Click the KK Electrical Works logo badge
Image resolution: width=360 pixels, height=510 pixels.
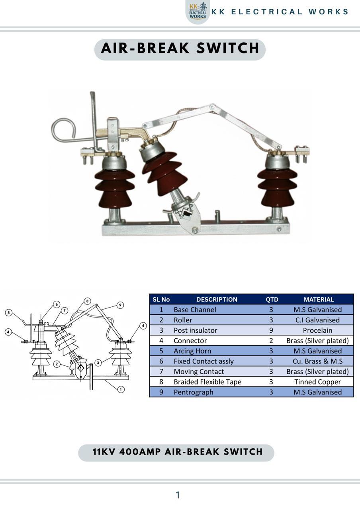tap(198, 12)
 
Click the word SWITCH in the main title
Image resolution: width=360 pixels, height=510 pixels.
tap(228, 48)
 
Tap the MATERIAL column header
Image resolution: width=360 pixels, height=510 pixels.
tap(319, 299)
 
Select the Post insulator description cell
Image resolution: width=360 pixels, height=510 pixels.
tap(195, 330)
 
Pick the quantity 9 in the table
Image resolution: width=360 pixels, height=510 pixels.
tap(271, 330)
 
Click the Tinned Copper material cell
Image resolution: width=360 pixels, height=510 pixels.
tap(317, 382)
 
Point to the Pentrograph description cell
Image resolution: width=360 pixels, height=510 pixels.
tap(194, 392)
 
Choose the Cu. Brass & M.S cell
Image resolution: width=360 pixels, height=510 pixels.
tap(317, 361)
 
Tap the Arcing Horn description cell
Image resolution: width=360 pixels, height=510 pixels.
tap(192, 351)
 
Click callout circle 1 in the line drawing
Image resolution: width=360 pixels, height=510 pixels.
tap(121, 389)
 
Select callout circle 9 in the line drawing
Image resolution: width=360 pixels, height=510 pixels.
tap(120, 305)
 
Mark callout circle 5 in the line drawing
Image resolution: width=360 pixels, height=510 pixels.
tap(8, 312)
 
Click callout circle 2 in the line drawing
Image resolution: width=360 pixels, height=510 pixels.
tap(57, 364)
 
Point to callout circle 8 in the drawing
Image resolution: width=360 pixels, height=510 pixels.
tap(87, 301)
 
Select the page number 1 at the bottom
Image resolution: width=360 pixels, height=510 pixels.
tap(178, 495)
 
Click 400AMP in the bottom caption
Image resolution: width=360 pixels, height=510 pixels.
tap(140, 452)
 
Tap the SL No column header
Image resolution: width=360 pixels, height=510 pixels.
tap(161, 299)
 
